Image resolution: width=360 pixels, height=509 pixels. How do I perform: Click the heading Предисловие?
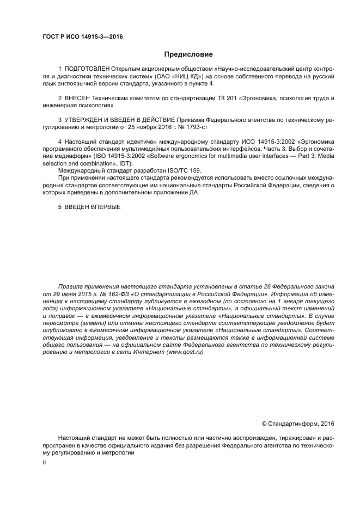[188, 54]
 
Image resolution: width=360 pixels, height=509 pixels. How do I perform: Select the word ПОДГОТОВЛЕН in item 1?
[87, 70]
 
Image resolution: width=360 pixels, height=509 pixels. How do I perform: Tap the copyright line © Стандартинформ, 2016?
[298, 423]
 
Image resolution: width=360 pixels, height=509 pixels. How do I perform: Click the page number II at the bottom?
[44, 461]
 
